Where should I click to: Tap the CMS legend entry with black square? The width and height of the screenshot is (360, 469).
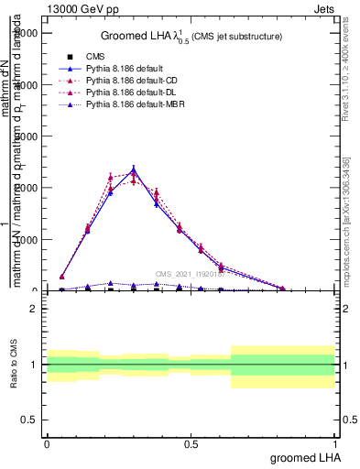pos(94,56)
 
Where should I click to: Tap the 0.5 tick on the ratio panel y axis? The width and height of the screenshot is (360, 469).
pos(31,420)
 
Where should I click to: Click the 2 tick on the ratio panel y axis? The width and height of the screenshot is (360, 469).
pos(36,310)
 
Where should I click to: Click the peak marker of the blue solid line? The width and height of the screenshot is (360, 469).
pos(134,169)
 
